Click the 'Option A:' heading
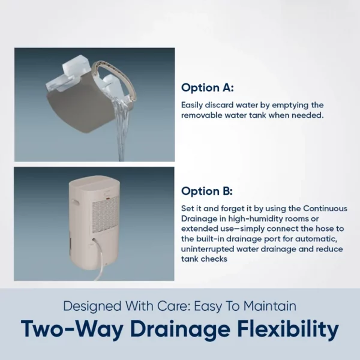point(208,88)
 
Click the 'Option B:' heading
point(207,191)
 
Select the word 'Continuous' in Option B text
point(325,208)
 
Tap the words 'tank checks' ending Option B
point(204,259)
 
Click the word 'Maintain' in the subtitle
point(270,306)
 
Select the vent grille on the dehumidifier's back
point(106,217)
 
